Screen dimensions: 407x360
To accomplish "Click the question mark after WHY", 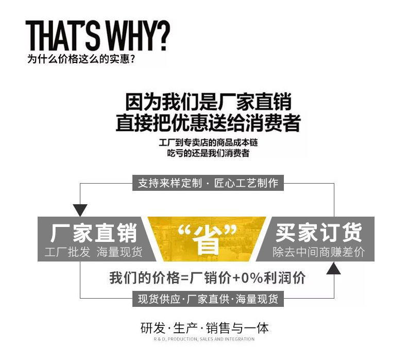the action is pyautogui.click(x=163, y=36).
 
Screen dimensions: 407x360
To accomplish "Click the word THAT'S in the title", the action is pyautogui.click(x=62, y=36).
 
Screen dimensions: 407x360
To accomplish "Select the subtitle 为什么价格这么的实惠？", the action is pyautogui.click(x=81, y=59).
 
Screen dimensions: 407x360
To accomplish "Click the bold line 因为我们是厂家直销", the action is pyautogui.click(x=209, y=102).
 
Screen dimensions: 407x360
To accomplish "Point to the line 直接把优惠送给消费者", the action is pyautogui.click(x=208, y=122).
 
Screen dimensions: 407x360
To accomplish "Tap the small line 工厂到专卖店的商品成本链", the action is pyautogui.click(x=208, y=143).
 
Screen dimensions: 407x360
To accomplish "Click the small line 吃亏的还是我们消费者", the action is pyautogui.click(x=208, y=153).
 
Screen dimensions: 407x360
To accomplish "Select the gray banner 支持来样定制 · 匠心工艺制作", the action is pyautogui.click(x=208, y=183).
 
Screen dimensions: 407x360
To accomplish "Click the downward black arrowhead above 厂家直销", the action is pyautogui.click(x=80, y=210).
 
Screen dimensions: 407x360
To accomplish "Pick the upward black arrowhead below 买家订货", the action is pyautogui.click(x=333, y=268).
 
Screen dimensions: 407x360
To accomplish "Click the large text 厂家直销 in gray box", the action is pyautogui.click(x=94, y=233).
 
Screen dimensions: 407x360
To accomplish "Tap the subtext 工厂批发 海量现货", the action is pyautogui.click(x=93, y=252).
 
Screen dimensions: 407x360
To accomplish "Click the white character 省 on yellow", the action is pyautogui.click(x=207, y=239).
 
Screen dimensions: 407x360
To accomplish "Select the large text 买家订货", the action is pyautogui.click(x=319, y=233).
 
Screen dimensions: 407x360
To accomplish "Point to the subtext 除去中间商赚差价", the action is pyautogui.click(x=319, y=252).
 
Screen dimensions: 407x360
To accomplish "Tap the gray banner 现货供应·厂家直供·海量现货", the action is pyautogui.click(x=208, y=299).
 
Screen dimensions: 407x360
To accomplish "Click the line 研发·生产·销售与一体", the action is pyautogui.click(x=205, y=328).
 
